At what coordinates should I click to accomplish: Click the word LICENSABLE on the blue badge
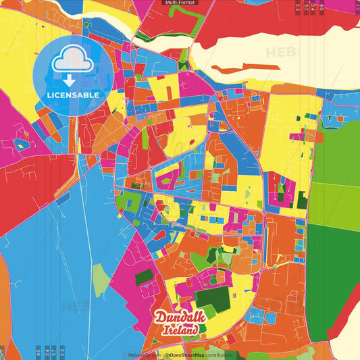pos(73,95)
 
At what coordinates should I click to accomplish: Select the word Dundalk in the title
pos(177,317)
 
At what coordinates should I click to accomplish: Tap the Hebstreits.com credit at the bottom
pos(143,355)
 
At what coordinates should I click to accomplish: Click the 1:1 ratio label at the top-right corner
pos(357,7)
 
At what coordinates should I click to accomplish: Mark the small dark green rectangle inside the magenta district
pos(144,277)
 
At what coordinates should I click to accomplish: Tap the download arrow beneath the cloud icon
pos(69,80)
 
